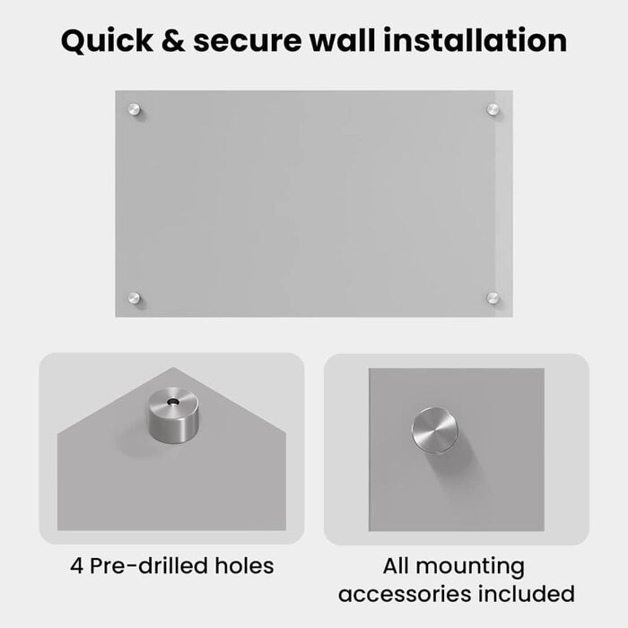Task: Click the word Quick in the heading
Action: [107, 41]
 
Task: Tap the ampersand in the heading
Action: [173, 40]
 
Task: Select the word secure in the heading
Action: [247, 41]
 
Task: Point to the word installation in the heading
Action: [475, 40]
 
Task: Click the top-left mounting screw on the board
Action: [135, 109]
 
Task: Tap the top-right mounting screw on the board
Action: [493, 109]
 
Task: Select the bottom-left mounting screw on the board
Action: [135, 298]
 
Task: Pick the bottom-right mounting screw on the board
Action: [493, 298]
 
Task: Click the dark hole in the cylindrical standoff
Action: [173, 401]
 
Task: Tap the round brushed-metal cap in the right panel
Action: [434, 431]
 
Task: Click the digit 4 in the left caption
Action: [76, 566]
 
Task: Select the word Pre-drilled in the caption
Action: [149, 565]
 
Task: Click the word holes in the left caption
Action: [244, 565]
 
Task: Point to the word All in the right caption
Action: [396, 565]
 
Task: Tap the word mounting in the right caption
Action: [470, 568]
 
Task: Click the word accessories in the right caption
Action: [405, 594]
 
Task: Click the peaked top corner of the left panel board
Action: [173, 368]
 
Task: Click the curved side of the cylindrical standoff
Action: [172, 429]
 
